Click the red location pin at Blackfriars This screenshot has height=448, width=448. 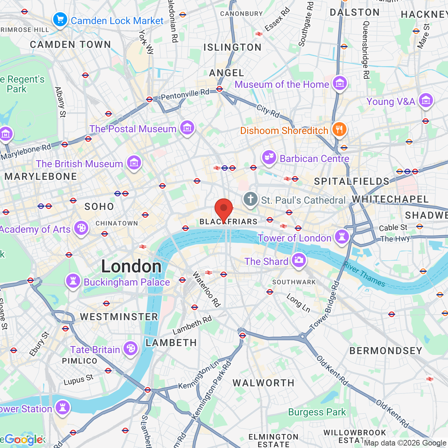pyautogui.click(x=224, y=209)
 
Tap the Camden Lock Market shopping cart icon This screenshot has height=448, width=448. pyautogui.click(x=60, y=20)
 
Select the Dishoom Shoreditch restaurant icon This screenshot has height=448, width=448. pyautogui.click(x=339, y=129)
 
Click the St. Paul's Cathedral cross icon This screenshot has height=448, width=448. pyautogui.click(x=251, y=199)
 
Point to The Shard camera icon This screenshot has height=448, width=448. pyautogui.click(x=299, y=260)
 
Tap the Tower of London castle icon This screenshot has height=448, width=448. pyautogui.click(x=342, y=237)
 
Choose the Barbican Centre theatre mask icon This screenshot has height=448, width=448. pyautogui.click(x=269, y=157)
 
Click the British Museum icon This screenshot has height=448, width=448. pyautogui.click(x=134, y=162)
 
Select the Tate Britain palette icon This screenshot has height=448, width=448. pyautogui.click(x=130, y=349)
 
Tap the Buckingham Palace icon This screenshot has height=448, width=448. pyautogui.click(x=73, y=281)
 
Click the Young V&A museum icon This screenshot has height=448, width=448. pyautogui.click(x=426, y=100)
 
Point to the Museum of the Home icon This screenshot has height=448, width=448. pyautogui.click(x=339, y=83)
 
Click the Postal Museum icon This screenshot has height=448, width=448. pyautogui.click(x=187, y=128)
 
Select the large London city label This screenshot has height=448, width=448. pyautogui.click(x=131, y=266)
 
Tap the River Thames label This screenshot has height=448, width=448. pyautogui.click(x=364, y=274)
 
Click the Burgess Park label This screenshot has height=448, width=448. pyautogui.click(x=317, y=412)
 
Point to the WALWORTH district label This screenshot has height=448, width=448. pyautogui.click(x=264, y=383)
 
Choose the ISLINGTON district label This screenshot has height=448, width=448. pyautogui.click(x=232, y=47)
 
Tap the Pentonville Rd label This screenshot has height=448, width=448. pyautogui.click(x=185, y=94)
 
